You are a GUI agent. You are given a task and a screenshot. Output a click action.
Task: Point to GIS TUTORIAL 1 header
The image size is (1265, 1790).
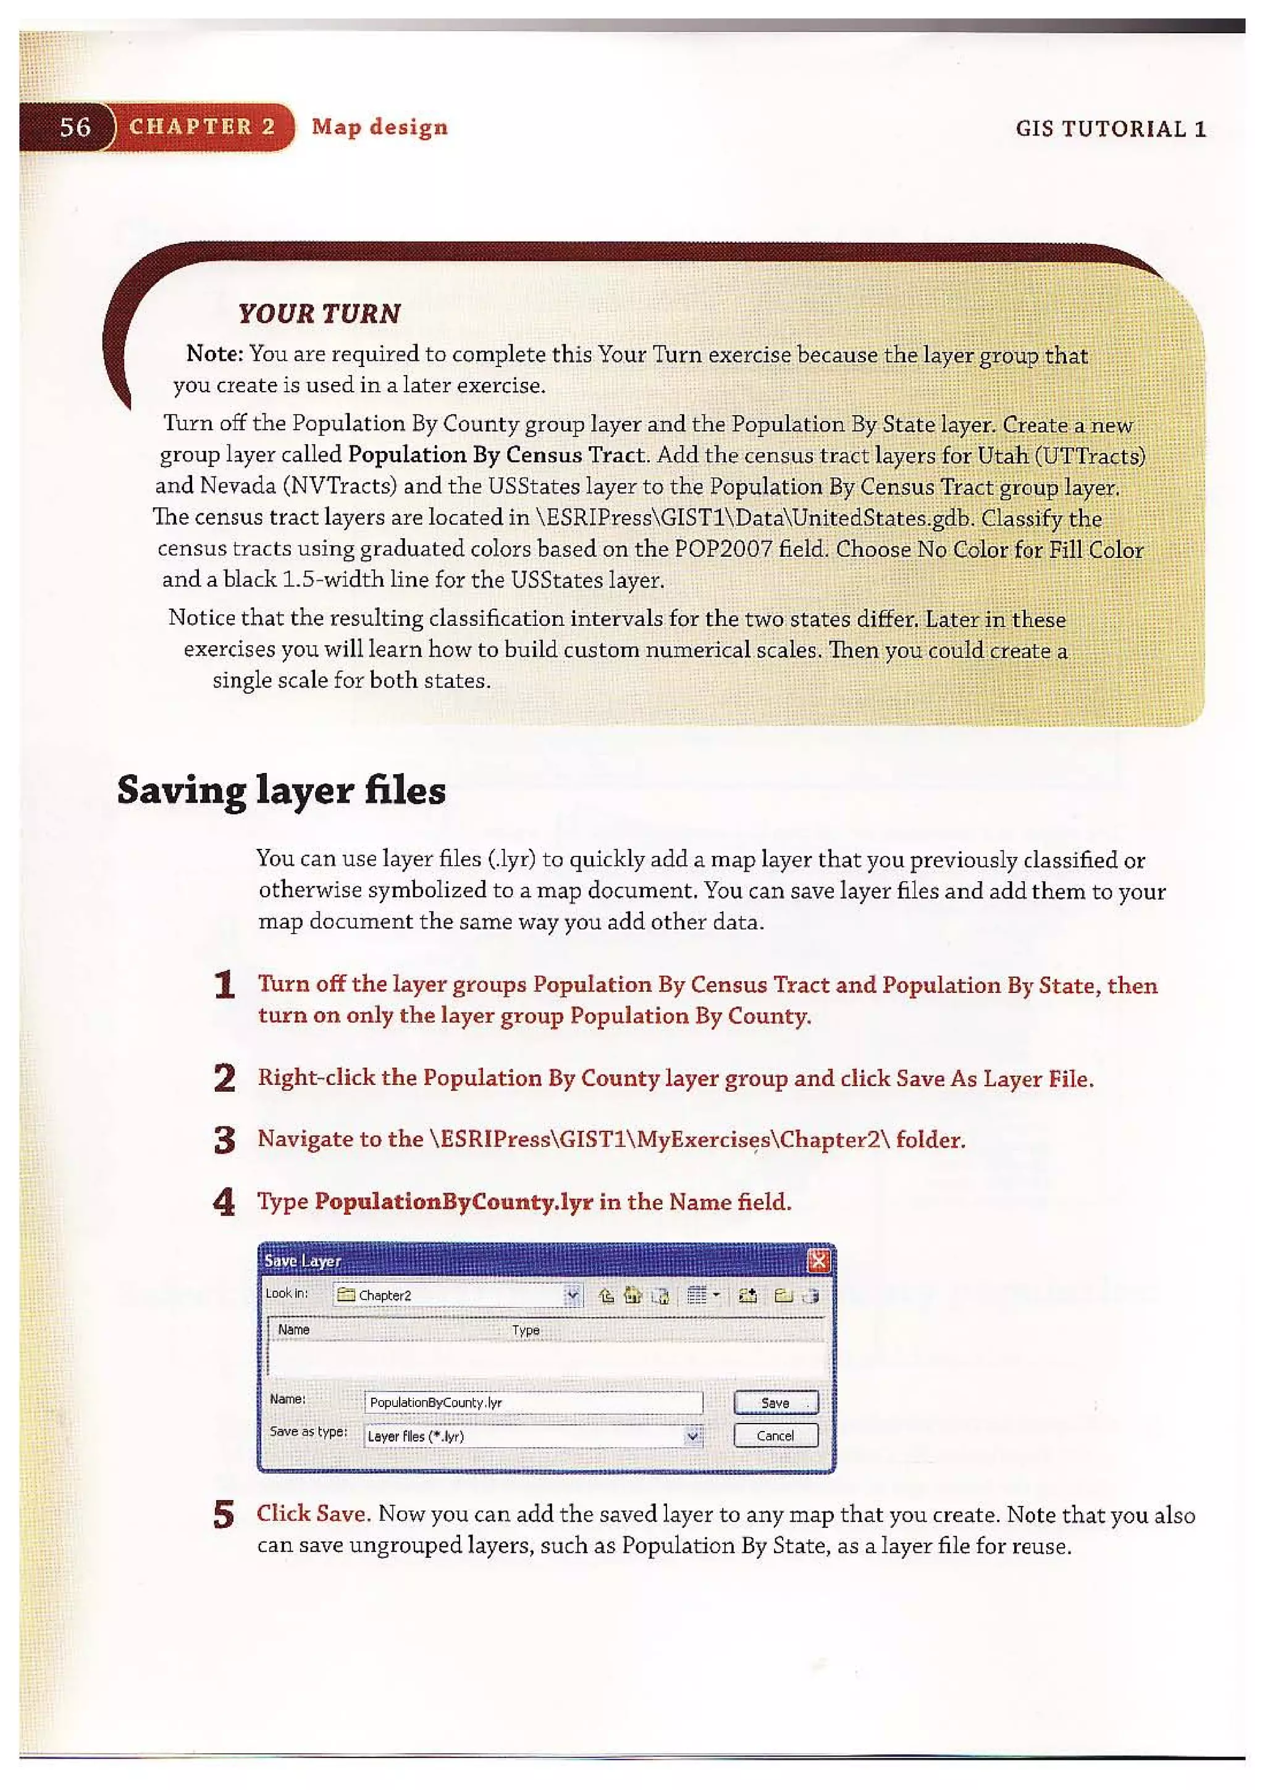1111,129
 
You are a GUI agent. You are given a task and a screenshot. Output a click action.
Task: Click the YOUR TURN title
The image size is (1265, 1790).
319,313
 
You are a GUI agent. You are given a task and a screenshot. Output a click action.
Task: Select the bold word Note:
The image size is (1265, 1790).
215,354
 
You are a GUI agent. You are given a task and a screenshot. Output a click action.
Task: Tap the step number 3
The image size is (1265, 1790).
224,1140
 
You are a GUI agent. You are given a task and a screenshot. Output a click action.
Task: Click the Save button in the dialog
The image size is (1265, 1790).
776,1403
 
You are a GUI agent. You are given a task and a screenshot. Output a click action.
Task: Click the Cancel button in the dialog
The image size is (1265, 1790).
776,1435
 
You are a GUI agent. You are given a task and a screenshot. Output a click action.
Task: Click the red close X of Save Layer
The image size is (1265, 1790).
818,1260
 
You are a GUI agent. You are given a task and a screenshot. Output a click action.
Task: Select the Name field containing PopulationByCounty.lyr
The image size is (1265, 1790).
533,1403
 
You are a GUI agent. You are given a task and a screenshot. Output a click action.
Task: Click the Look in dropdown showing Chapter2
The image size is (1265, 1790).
456,1295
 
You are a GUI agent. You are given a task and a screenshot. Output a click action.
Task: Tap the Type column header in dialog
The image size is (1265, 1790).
525,1330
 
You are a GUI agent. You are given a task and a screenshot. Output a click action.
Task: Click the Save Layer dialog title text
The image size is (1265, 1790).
303,1260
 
